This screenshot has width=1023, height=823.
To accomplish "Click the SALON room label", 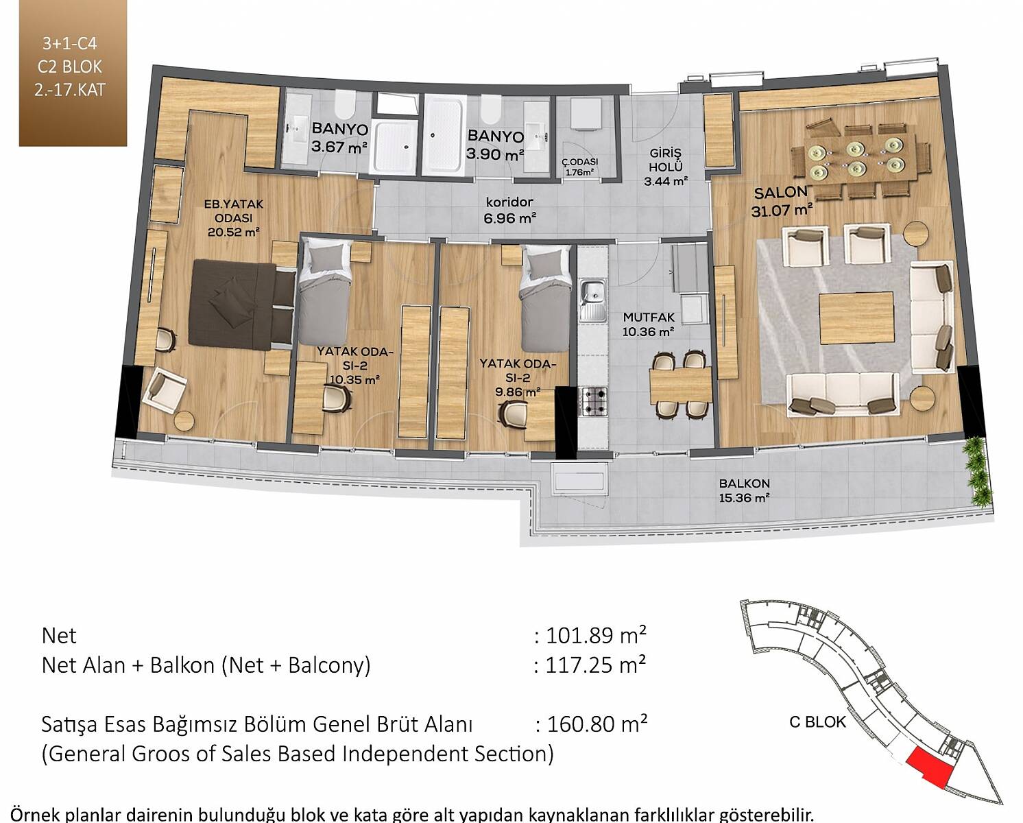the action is pos(781,193).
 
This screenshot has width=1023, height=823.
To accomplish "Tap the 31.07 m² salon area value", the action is pos(782,210).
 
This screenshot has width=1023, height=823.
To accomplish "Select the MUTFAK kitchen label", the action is pos(649,317).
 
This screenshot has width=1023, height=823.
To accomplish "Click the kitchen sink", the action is pos(593,301).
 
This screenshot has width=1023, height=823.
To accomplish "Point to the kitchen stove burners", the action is pos(593,401).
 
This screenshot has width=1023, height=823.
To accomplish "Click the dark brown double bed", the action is pos(241,305).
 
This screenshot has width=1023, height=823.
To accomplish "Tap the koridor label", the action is pos(509,202).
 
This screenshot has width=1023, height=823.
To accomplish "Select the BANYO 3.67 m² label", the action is pos(339,137).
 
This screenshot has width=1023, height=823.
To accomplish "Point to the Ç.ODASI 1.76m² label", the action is pos(579,167).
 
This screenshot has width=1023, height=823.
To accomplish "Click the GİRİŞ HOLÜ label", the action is pos(666,160).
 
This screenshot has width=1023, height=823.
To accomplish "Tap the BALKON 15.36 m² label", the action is pos(744,490).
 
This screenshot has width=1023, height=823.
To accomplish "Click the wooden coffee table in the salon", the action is pos(856,318).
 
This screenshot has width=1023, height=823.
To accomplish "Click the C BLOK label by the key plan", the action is pos(817,722).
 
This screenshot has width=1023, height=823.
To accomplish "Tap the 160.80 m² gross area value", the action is pos(597,724).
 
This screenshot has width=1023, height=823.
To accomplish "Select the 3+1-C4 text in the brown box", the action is pos(70,44).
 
